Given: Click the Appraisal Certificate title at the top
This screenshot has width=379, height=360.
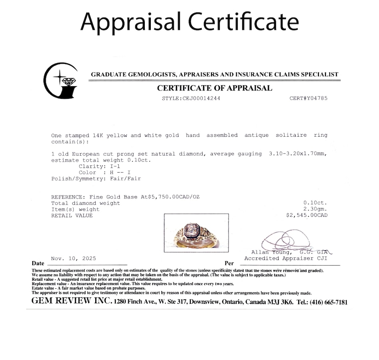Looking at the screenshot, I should pyautogui.click(x=189, y=22).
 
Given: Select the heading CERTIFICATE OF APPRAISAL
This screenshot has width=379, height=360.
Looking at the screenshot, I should pyautogui.click(x=214, y=88).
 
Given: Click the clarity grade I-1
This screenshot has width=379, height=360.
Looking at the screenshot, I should pyautogui.click(x=117, y=166).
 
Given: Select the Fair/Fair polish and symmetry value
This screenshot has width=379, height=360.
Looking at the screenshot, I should pyautogui.click(x=125, y=179).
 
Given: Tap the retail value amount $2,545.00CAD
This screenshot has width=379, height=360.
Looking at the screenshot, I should pyautogui.click(x=307, y=215).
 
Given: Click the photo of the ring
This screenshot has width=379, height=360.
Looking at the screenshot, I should pyautogui.click(x=196, y=233).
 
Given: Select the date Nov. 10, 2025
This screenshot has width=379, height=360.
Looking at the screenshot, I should pyautogui.click(x=73, y=258).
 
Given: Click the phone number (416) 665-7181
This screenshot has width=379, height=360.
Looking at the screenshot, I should pyautogui.click(x=327, y=302).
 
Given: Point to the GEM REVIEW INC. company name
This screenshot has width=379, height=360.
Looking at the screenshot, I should pyautogui.click(x=71, y=301).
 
